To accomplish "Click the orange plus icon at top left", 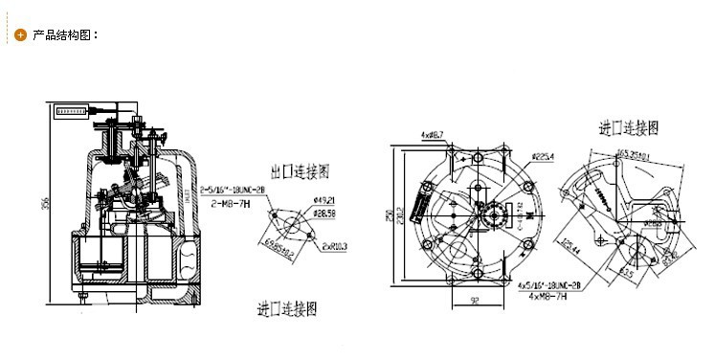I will coord(20,36).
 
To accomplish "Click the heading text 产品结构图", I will coord(66,36).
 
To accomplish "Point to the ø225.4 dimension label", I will coord(543,156).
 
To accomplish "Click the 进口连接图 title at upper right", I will coord(629,127).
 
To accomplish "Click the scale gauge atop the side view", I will coord(71,111).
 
